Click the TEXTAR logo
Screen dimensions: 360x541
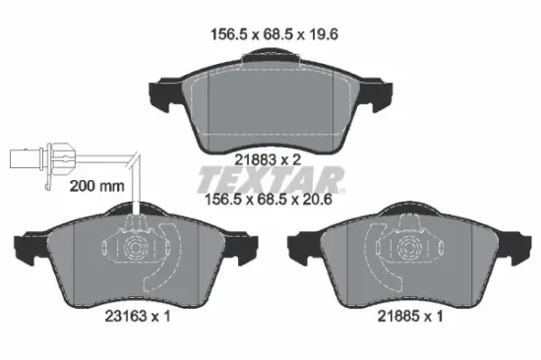pyautogui.click(x=271, y=179)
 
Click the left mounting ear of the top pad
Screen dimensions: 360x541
pyautogui.click(x=161, y=96)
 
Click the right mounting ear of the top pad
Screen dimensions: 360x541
pyautogui.click(x=379, y=96)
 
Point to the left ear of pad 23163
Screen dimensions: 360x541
pyautogui.click(x=24, y=246)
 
